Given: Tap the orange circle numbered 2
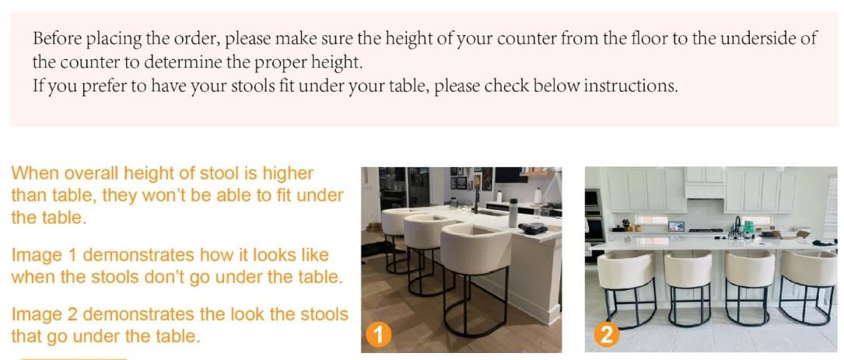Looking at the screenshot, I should pos(604,335).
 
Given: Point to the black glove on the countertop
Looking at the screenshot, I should pos(536,229).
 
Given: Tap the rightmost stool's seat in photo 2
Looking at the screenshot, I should pos(808,269).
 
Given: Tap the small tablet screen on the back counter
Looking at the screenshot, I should pos(675,225).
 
